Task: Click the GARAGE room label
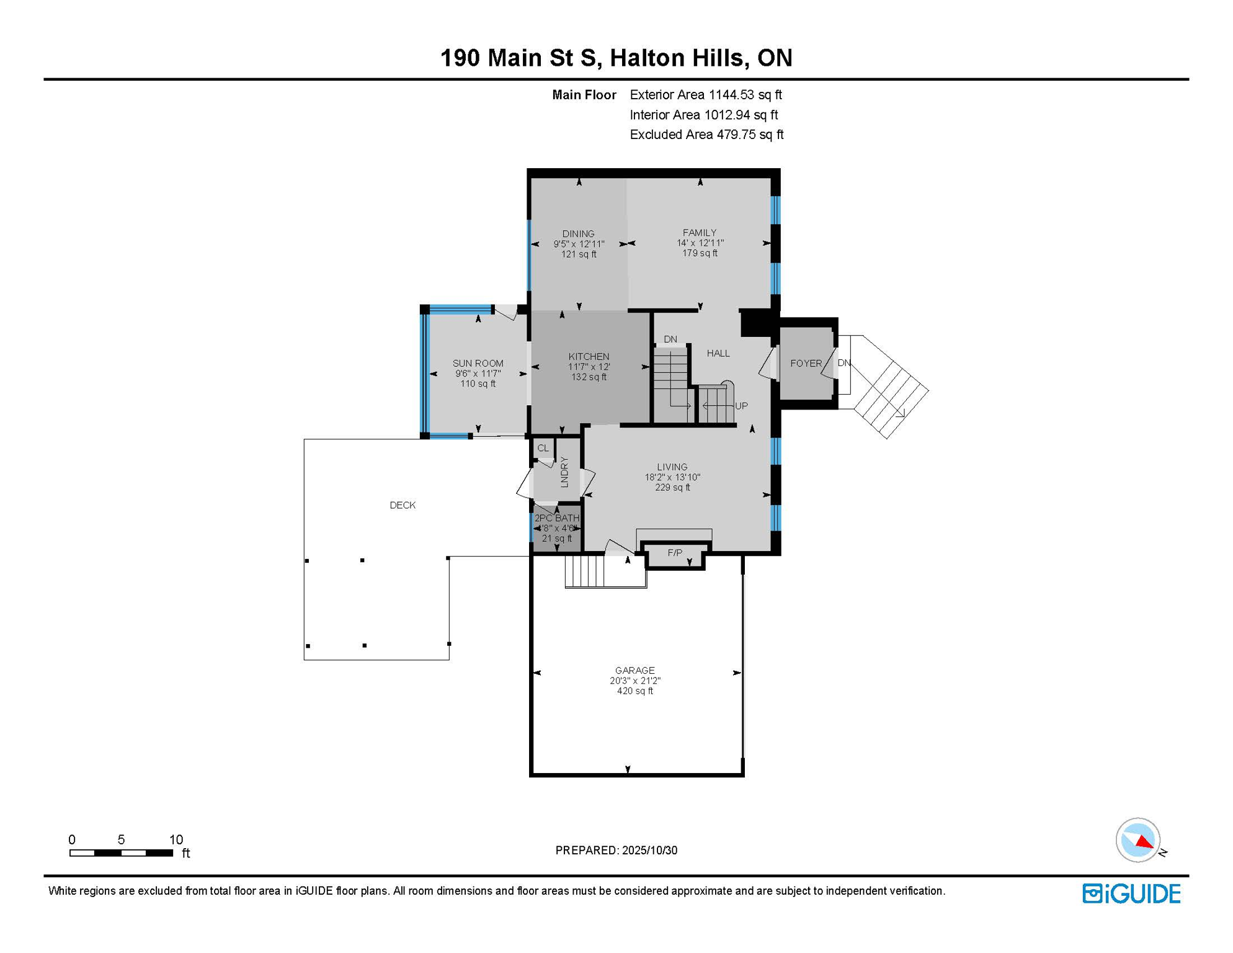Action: tap(634, 670)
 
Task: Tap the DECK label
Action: tap(403, 505)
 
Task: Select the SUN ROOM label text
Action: tap(478, 363)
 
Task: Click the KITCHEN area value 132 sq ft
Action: tap(589, 377)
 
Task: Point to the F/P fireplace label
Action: tap(675, 552)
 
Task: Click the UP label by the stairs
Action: tap(741, 406)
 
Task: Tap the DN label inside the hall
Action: tap(670, 339)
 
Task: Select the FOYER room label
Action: tap(806, 363)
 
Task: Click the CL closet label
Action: tap(543, 448)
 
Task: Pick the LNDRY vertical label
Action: tap(564, 472)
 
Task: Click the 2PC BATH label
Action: tap(557, 517)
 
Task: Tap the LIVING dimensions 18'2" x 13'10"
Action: tap(672, 477)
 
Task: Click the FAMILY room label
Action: tap(700, 233)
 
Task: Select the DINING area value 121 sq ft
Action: tap(579, 254)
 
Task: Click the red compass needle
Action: tap(1144, 842)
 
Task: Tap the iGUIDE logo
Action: tap(1131, 893)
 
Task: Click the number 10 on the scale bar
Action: tap(176, 839)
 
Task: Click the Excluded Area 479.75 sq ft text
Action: tap(706, 135)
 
